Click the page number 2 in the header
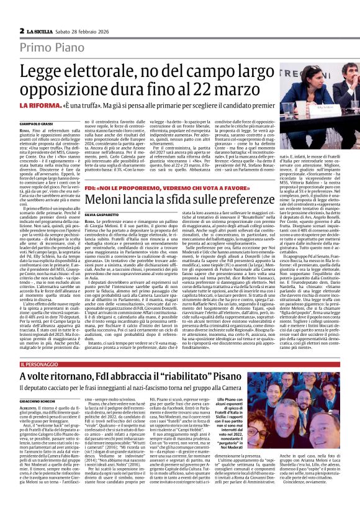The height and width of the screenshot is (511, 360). click(21, 13)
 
